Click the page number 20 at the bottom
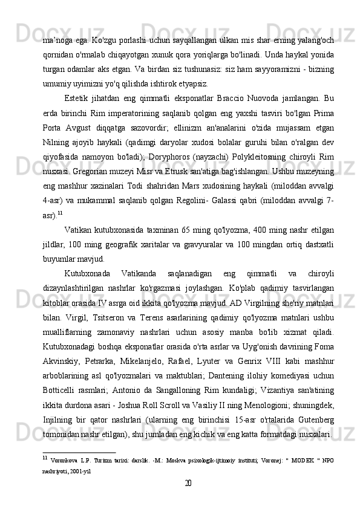click(188, 483)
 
